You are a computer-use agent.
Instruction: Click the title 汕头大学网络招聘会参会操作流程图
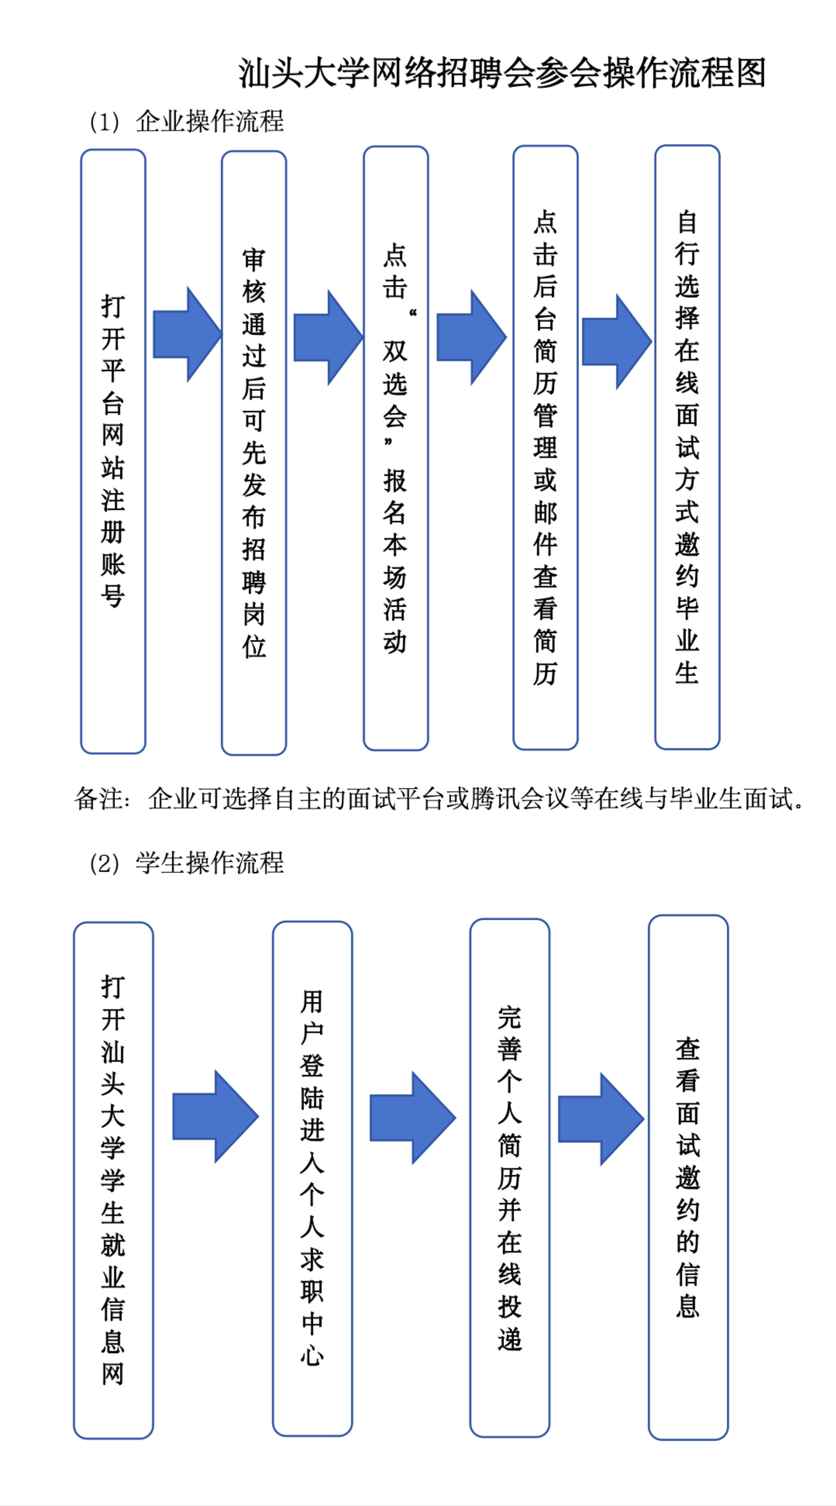coord(502,73)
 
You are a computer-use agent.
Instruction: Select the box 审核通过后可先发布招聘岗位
coord(254,453)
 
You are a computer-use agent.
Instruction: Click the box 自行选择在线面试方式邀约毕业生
coord(687,447)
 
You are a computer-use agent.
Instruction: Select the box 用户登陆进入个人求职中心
coord(312,1178)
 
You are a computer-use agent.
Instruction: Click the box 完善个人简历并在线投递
coord(509,1177)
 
